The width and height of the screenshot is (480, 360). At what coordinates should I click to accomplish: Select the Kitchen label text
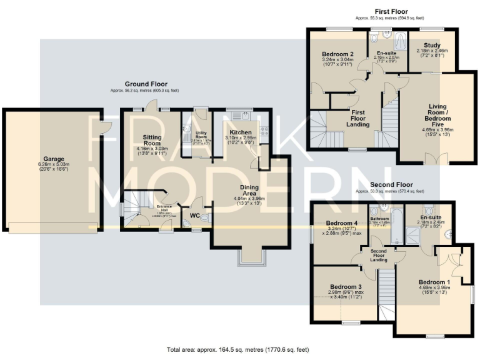(240, 132)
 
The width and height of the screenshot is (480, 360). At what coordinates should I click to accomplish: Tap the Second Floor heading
(392, 185)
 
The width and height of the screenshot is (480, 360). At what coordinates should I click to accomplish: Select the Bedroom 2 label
(338, 54)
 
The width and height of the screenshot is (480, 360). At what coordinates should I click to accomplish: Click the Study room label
(431, 46)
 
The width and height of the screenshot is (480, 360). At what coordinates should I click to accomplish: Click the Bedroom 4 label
(342, 223)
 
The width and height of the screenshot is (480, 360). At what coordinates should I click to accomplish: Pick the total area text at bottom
(238, 350)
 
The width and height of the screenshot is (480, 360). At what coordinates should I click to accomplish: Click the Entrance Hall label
(164, 207)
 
